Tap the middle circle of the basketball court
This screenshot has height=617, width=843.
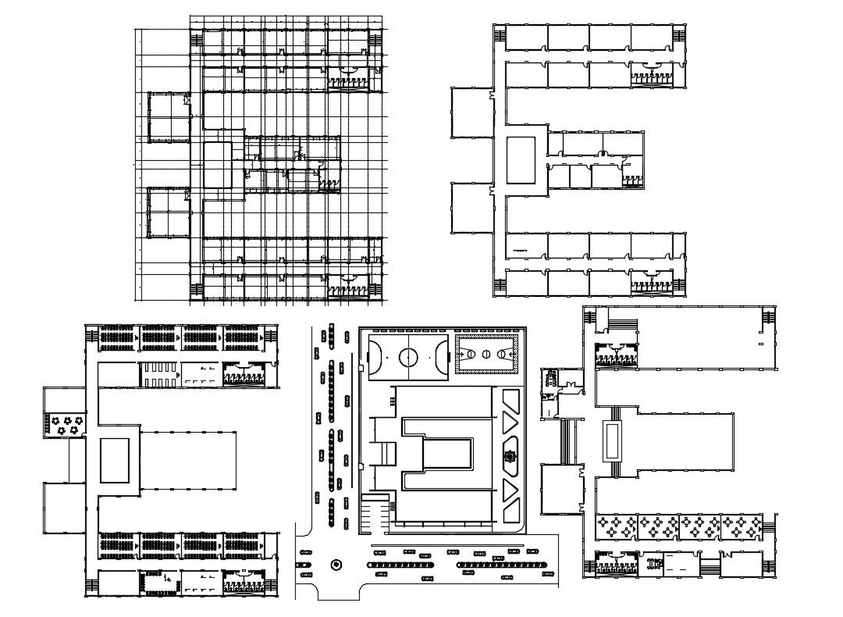486,355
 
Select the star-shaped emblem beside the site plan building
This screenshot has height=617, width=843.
510,458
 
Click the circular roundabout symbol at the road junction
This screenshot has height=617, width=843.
336,564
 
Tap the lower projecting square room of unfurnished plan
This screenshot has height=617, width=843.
470,208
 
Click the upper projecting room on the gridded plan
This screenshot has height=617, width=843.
169,117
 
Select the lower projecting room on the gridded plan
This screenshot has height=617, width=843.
169,212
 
